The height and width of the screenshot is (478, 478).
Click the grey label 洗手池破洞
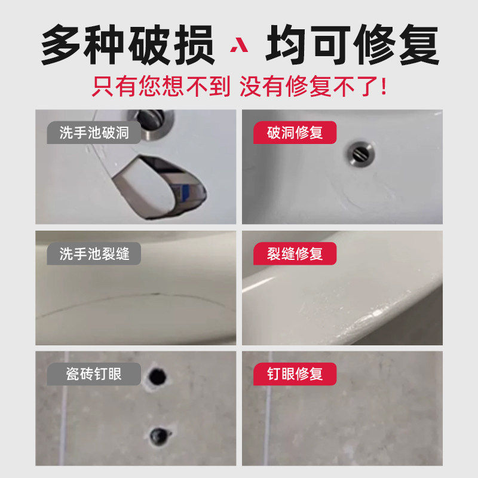94,133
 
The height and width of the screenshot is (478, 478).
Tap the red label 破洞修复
294,133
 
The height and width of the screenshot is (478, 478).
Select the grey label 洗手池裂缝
94,254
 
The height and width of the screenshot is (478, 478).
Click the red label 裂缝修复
294,254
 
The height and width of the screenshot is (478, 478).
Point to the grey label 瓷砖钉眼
94,375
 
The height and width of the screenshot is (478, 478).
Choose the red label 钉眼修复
294,375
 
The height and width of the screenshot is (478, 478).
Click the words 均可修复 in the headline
353,45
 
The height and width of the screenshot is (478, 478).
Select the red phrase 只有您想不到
160,87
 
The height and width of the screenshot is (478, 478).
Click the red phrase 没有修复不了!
313,87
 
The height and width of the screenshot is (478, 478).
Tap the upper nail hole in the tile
158,376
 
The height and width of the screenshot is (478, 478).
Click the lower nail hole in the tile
160,435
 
